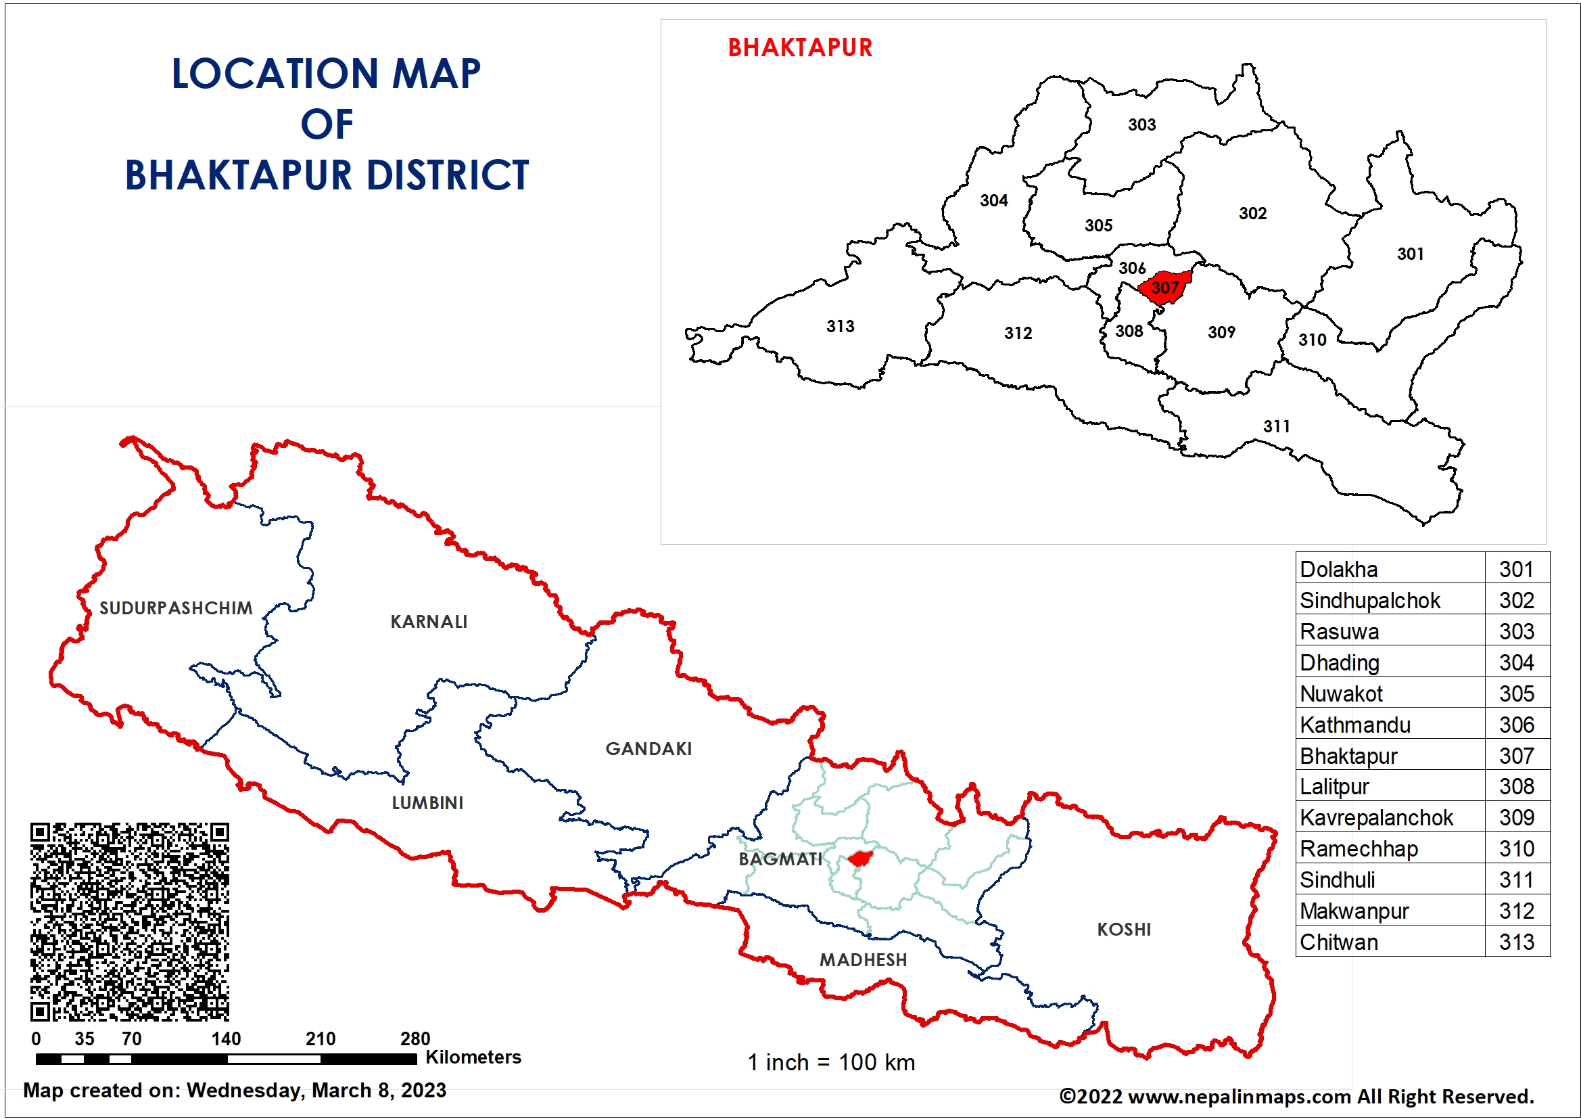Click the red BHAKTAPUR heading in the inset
coord(799,47)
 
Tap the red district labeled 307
coord(1164,287)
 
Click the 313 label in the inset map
coord(840,326)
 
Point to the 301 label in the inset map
coord(1409,254)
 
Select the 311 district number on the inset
coord(1276,426)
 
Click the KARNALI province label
coord(428,622)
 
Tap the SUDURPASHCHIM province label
coord(176,608)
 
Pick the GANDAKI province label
coord(648,748)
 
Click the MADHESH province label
coord(863,959)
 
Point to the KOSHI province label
coord(1124,929)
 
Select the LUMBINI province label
coord(427,803)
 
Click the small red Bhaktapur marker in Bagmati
coord(859,859)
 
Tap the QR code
coord(129,921)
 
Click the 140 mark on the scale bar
coord(226,1038)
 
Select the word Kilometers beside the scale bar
coord(473,1057)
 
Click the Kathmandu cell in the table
coord(1354,725)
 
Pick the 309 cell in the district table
coord(1516,817)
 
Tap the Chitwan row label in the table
coord(1339,942)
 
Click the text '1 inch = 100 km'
coord(831,1062)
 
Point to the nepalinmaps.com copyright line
coord(1296,1096)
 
